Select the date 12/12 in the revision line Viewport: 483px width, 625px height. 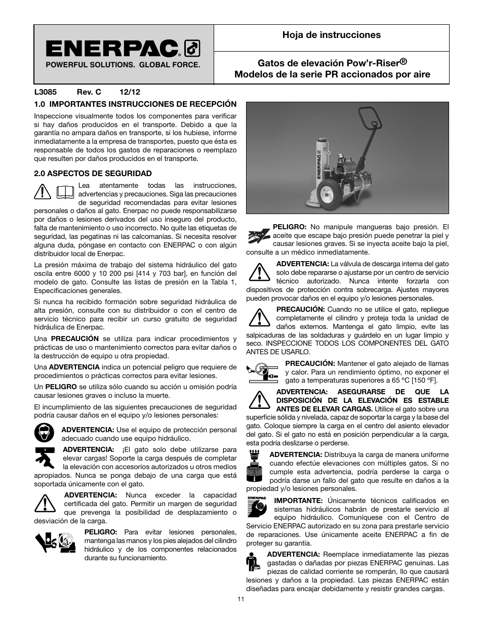(x=130, y=92)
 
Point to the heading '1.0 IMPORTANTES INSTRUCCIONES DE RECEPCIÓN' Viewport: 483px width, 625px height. (x=135, y=104)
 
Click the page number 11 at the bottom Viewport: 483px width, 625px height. (x=241, y=599)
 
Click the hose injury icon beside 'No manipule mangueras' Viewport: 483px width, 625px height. (x=258, y=235)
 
